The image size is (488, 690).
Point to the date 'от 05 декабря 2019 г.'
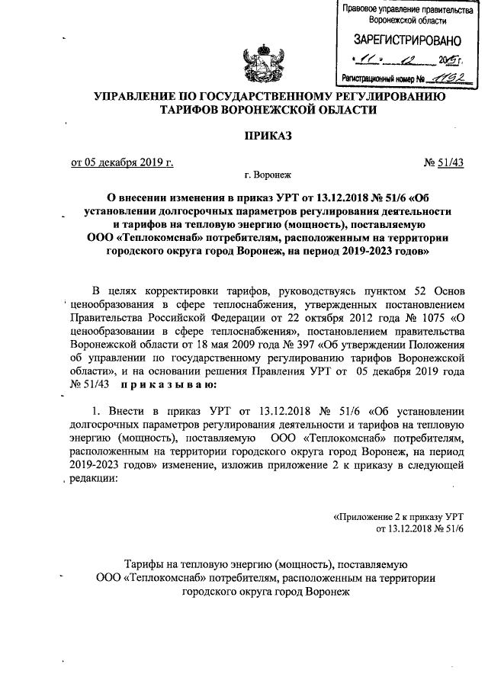point(122,162)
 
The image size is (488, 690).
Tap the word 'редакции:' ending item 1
point(93,480)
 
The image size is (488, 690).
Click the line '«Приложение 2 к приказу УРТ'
point(399,518)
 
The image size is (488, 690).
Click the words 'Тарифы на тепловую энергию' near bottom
point(191,565)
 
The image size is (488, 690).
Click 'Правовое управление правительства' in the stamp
point(403,9)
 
